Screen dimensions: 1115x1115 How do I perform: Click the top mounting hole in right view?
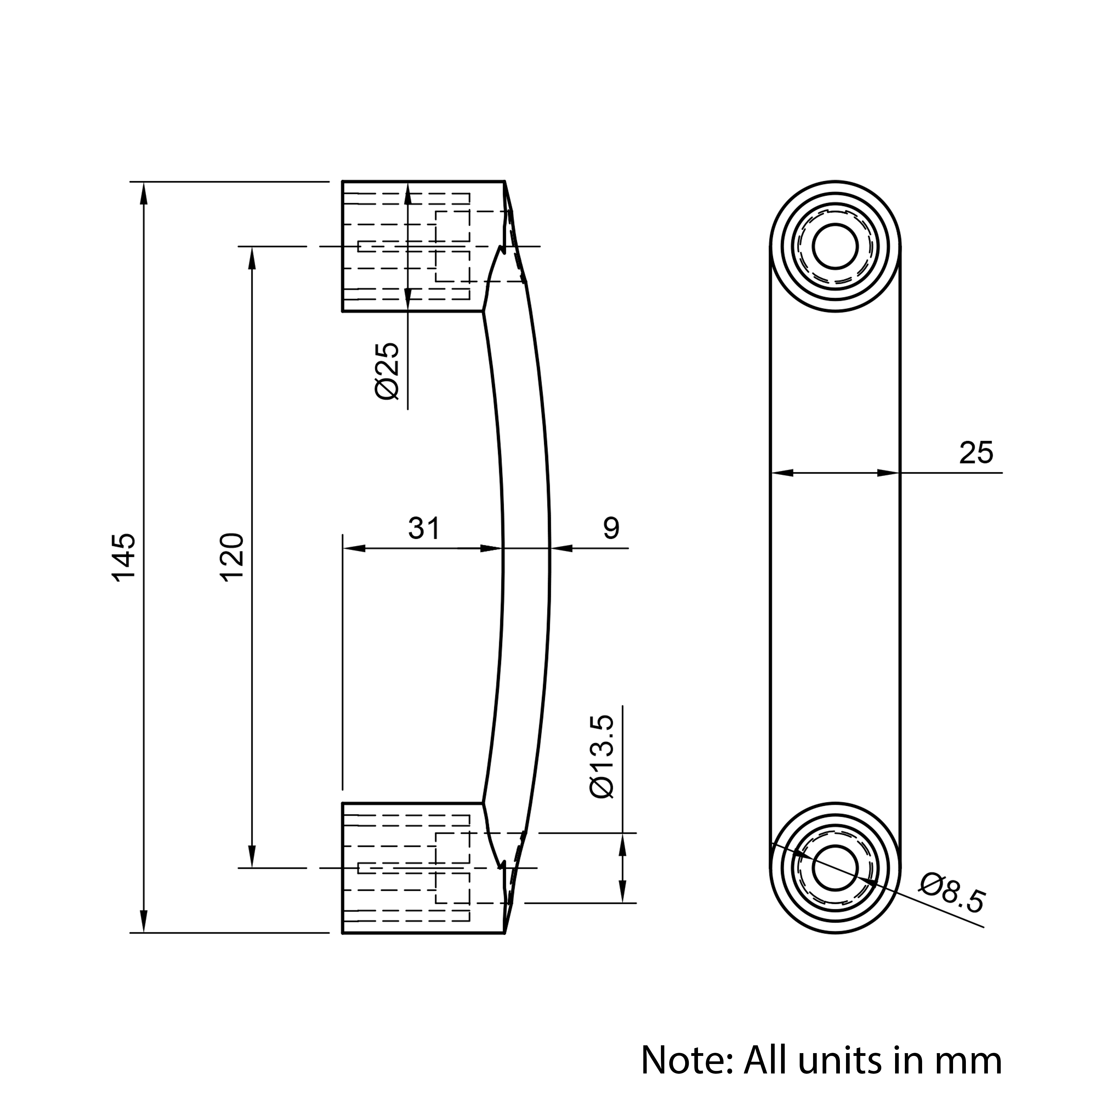[835, 246]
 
